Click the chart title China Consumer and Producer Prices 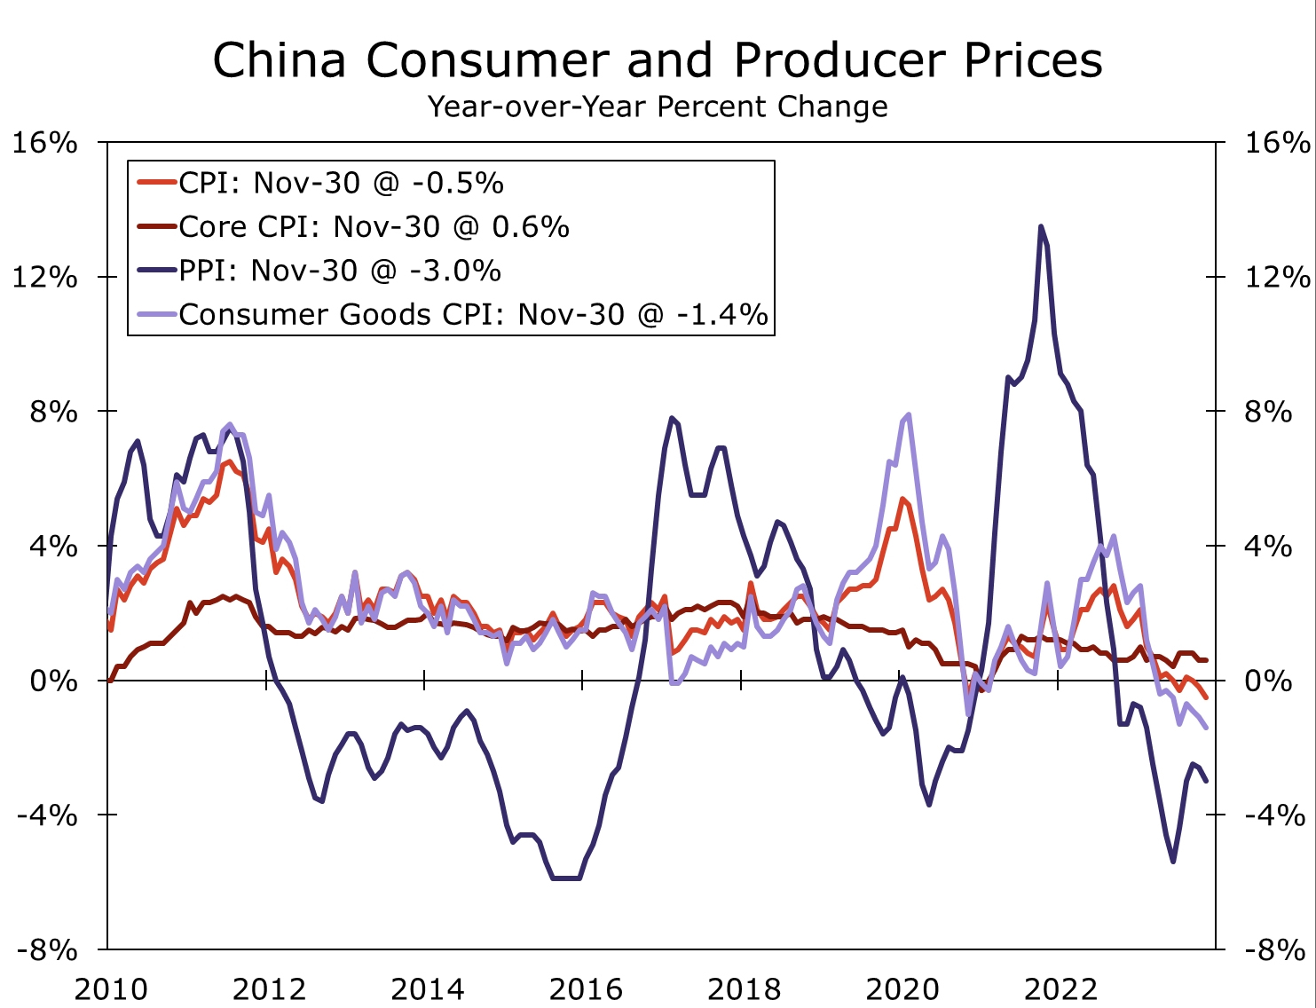pos(658,60)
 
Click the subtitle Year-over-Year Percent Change pos(658,106)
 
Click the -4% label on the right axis pos(1274,815)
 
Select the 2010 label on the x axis pos(110,988)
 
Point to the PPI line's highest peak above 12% pos(1040,227)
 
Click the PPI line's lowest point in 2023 pos(1173,862)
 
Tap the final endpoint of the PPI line pos(1206,781)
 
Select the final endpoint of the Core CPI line pos(1206,660)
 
